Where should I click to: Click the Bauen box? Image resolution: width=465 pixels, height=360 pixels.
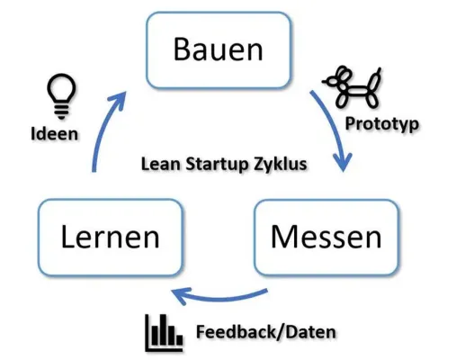click(219, 49)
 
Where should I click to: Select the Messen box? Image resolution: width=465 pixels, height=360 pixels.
click(326, 238)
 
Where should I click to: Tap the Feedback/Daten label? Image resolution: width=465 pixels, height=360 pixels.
click(266, 332)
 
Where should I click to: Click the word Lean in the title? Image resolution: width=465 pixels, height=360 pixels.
click(159, 166)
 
